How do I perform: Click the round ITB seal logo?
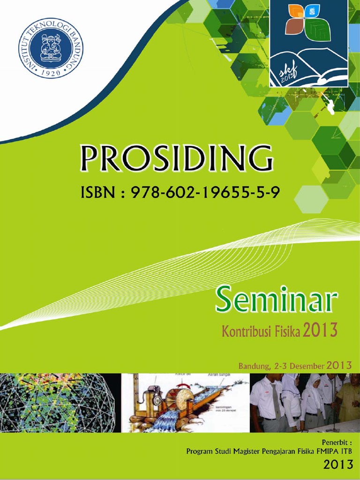click(x=51, y=48)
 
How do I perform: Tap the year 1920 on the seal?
click(x=51, y=73)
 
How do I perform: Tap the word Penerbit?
click(x=335, y=442)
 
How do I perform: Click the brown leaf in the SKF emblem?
click(x=293, y=26)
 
